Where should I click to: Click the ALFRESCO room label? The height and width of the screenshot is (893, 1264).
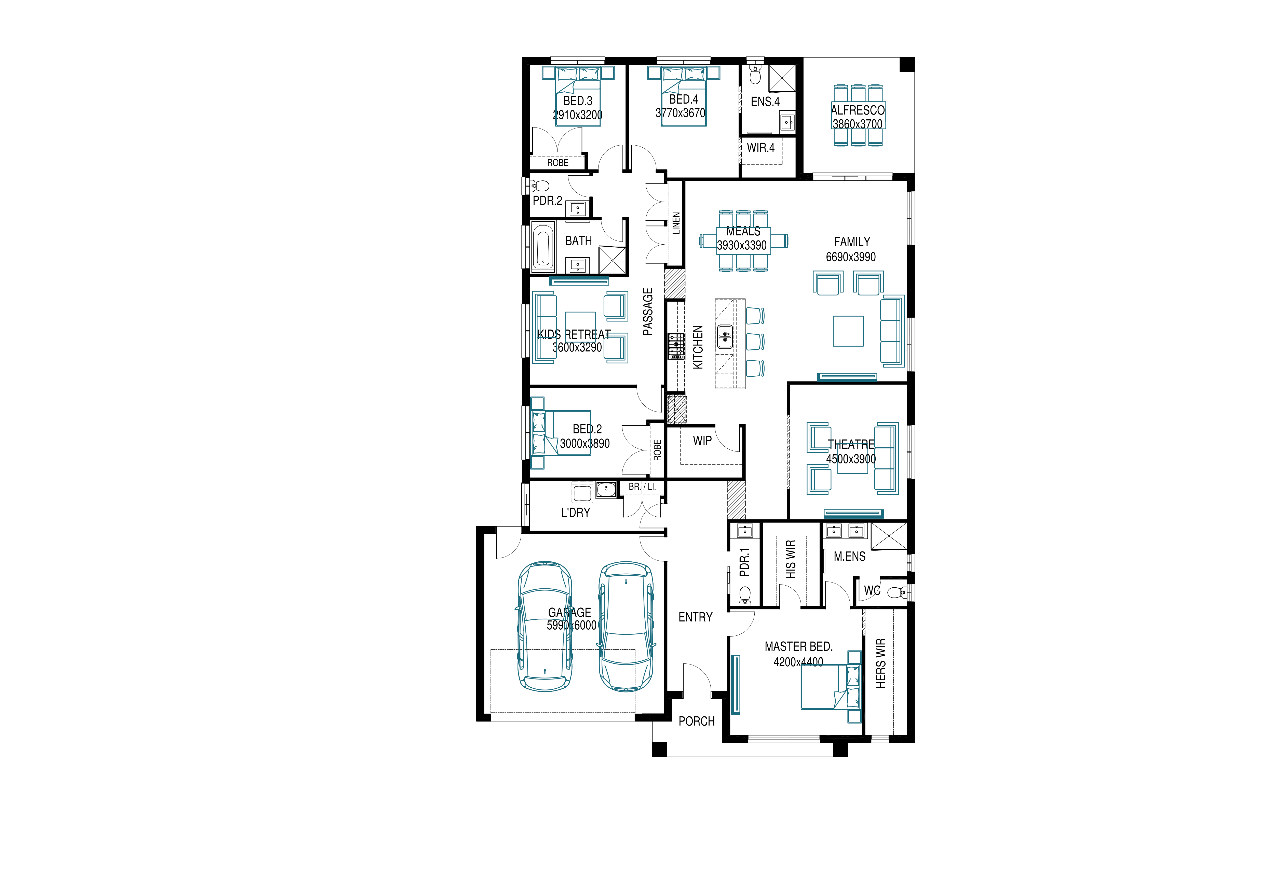tap(858, 110)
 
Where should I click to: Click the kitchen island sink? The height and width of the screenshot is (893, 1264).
tap(725, 337)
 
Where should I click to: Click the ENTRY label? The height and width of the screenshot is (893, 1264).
tap(695, 617)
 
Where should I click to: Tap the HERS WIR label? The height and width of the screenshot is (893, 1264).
tap(881, 663)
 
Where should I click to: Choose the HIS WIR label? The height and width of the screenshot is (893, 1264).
tap(791, 559)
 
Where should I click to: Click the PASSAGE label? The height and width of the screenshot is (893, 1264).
tap(648, 311)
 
